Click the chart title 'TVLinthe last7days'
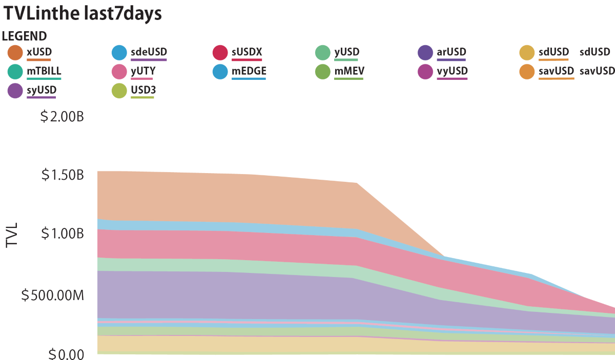[83, 14]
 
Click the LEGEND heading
[25, 36]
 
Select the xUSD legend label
[39, 52]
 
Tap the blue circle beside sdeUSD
[119, 53]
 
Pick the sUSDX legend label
[247, 52]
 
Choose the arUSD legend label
[452, 52]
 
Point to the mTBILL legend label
[44, 71]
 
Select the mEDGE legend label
[249, 71]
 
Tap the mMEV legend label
[350, 71]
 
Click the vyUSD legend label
[453, 71]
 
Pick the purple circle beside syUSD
[15, 91]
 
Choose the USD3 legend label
[142, 90]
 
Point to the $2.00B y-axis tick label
[61, 117]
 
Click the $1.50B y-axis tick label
[63, 175]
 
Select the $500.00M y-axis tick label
[53, 295]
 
